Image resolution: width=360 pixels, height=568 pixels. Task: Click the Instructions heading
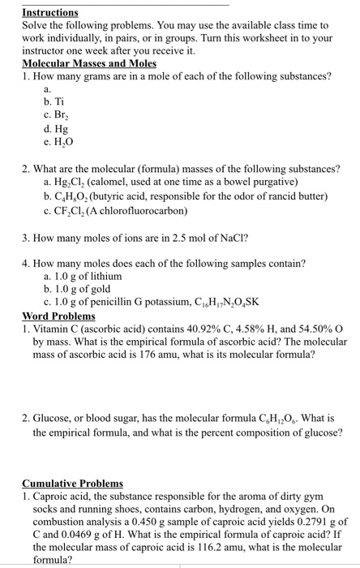(x=50, y=13)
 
